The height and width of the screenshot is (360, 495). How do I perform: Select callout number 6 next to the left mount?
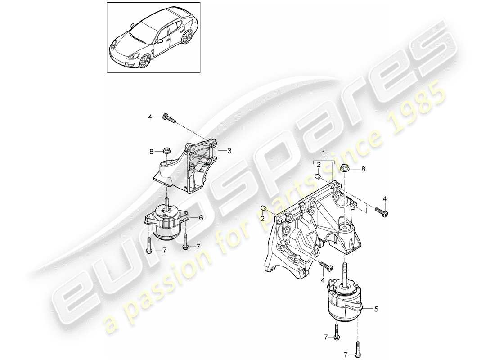(x=201, y=217)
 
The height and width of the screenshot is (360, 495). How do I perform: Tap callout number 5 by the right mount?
(x=377, y=309)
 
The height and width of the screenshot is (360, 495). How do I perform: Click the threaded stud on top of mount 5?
(x=345, y=272)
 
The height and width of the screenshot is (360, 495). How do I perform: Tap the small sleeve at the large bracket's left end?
(x=265, y=208)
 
